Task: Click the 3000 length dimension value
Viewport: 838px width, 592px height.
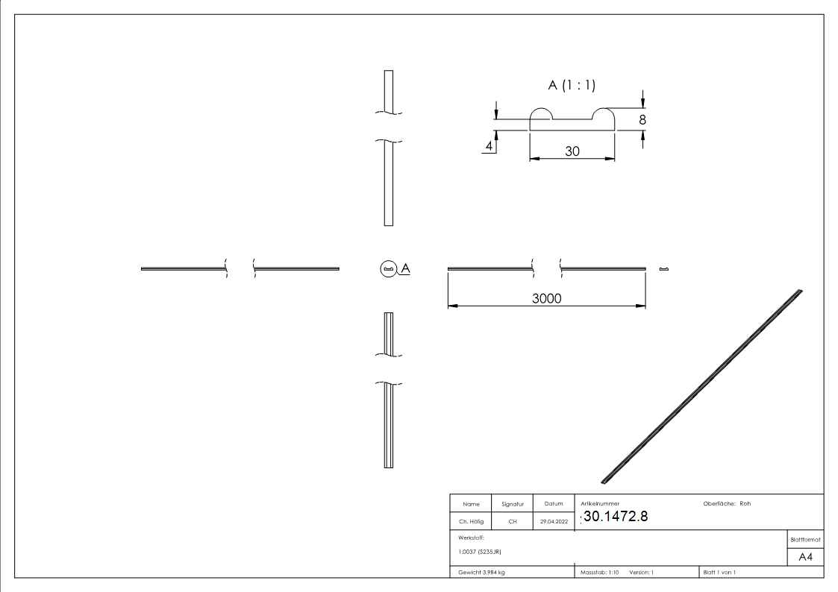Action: point(547,298)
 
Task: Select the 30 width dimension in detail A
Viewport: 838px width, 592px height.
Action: point(572,151)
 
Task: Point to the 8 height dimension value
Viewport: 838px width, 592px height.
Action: point(642,120)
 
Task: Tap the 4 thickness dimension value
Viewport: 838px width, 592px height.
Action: point(489,145)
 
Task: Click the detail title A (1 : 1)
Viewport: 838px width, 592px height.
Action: point(572,85)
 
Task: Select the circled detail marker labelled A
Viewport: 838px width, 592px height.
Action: point(389,268)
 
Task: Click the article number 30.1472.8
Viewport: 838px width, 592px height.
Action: point(616,516)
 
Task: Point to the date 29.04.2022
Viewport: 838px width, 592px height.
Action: point(554,521)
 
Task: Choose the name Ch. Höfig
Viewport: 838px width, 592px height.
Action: point(471,521)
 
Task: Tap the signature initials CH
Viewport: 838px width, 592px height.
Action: point(513,521)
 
